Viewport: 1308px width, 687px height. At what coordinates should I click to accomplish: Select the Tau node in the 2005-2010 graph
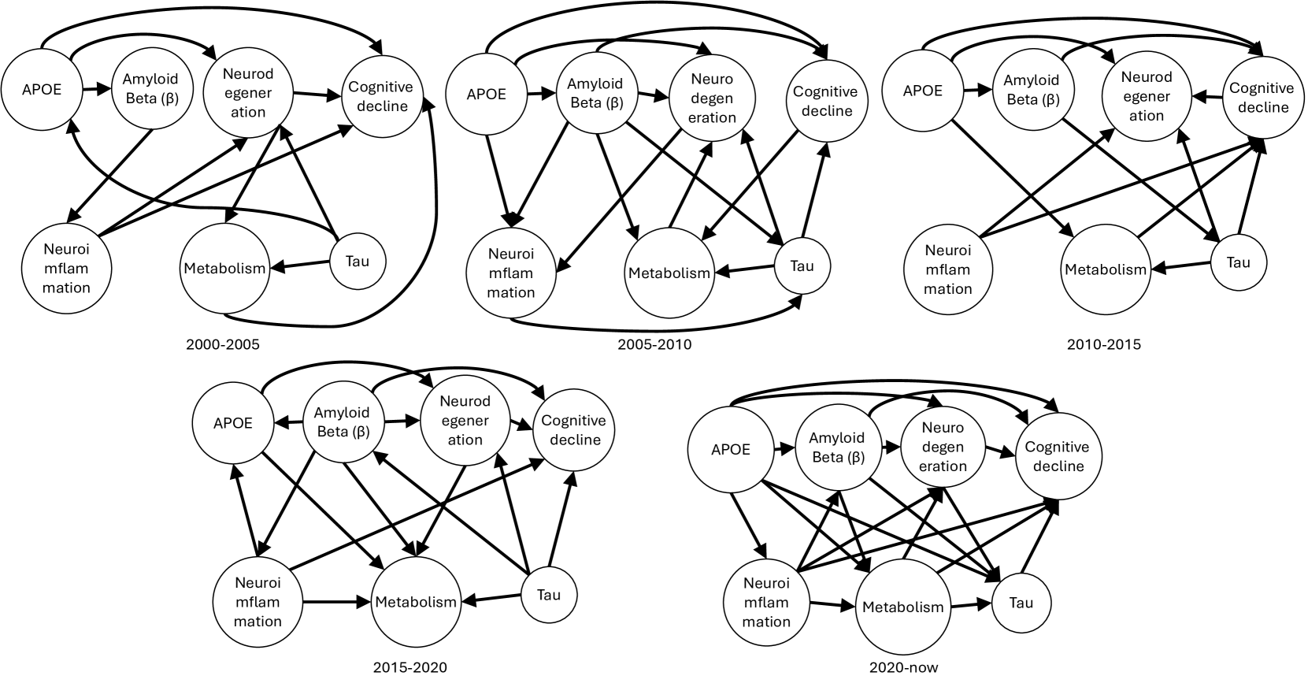802,266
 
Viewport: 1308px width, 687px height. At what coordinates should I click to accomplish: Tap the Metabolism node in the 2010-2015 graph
1106,269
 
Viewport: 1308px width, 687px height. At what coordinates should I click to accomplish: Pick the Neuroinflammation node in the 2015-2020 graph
257,602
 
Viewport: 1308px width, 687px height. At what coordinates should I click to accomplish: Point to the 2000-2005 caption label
222,344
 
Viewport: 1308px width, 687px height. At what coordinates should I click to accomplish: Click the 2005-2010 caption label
655,344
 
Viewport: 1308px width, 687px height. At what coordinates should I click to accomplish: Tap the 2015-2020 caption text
409,667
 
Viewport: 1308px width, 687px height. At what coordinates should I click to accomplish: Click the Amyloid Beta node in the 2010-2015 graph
1032,90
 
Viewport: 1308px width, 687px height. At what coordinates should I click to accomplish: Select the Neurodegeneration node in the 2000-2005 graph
248,93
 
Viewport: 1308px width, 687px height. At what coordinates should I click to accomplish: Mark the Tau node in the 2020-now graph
1021,603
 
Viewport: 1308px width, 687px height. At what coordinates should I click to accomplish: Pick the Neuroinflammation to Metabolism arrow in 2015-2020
336,602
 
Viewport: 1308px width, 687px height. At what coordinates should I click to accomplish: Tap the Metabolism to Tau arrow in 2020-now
970,606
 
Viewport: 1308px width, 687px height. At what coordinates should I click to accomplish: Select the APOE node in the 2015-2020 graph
233,423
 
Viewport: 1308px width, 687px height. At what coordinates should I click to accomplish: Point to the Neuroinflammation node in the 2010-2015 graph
947,269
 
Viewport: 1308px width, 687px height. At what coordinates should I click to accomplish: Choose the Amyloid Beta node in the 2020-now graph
837,447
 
